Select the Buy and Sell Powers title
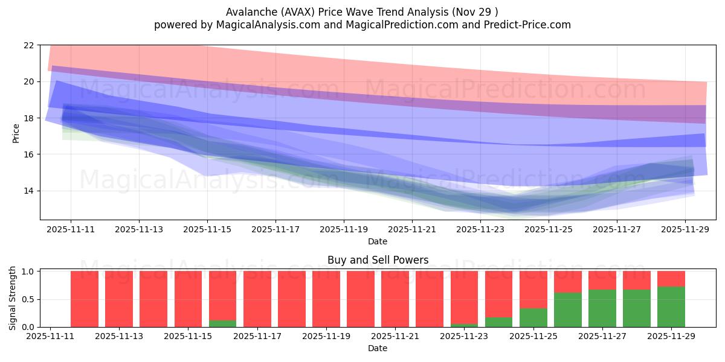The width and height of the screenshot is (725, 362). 378,261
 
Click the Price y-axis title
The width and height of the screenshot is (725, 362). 16,133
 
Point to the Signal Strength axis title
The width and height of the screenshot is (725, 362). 13,299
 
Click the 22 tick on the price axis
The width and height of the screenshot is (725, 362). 29,45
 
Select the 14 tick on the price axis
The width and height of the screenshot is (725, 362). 29,191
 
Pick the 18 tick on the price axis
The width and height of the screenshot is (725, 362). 29,118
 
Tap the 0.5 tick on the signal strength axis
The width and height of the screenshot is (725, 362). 28,299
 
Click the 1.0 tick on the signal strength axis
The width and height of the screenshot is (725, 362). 28,271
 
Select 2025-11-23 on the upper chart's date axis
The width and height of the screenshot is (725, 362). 480,230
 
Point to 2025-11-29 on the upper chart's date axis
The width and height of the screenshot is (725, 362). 685,230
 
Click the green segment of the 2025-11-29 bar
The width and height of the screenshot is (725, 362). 671,307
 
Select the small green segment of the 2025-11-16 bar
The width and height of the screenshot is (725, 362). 223,323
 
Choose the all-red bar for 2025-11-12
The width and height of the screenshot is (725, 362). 85,299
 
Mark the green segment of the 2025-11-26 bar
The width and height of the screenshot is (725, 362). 568,310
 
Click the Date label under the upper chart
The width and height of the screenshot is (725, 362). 378,241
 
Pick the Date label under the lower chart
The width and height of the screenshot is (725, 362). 378,348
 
